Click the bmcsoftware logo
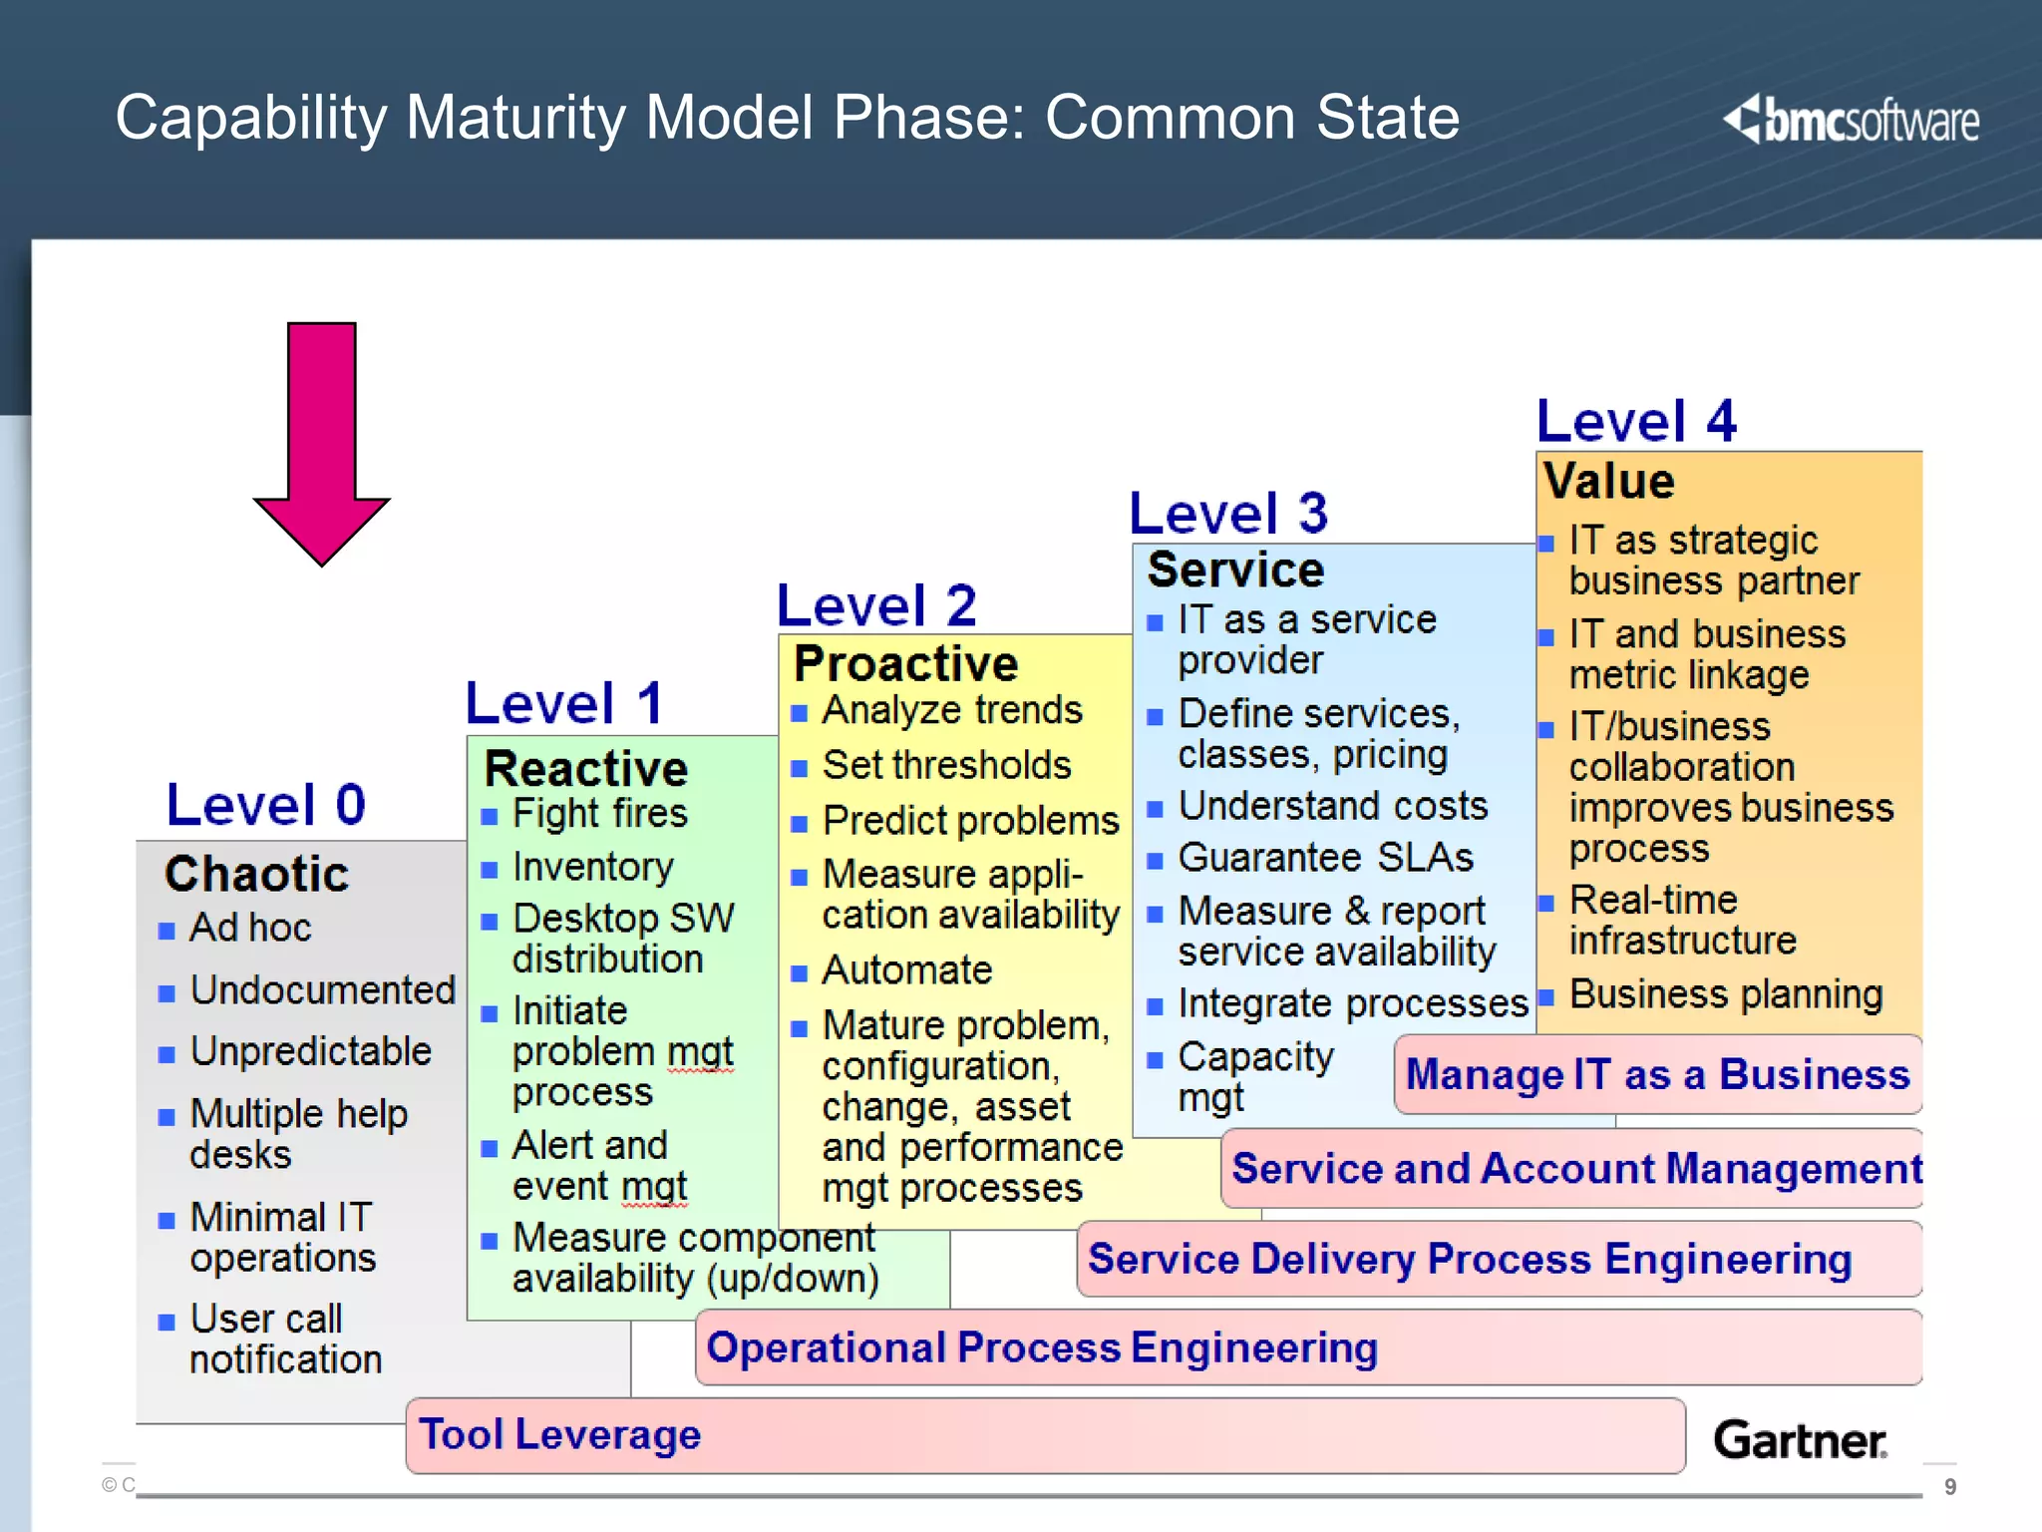coord(1852,121)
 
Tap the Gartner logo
coord(1800,1440)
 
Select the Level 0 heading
coord(266,805)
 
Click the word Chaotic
coord(257,874)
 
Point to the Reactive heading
coord(586,769)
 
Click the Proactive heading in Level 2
coord(905,664)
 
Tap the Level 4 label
coord(1636,421)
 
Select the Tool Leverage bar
coord(1044,1435)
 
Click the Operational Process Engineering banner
coord(1042,1348)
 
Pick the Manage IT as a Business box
coord(1657,1075)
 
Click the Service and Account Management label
coord(1575,1169)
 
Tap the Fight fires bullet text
coord(599,814)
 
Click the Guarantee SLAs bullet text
coord(1325,858)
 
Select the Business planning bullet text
coord(1725,994)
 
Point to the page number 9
coord(1950,1487)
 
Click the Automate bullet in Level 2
coord(906,970)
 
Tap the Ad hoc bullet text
coord(250,928)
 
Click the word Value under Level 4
coord(1608,481)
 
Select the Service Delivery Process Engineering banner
coord(1470,1259)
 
